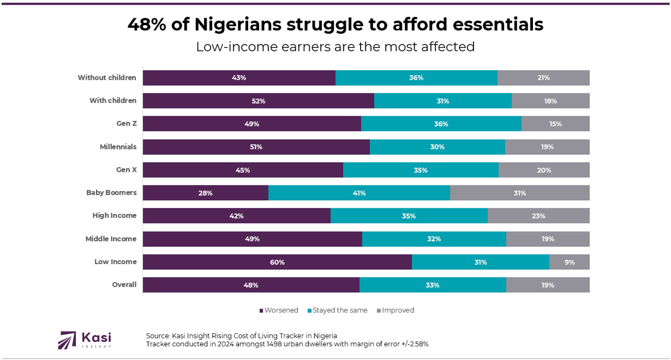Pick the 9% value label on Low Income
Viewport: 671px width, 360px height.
pyautogui.click(x=569, y=262)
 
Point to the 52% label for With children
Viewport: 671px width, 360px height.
pyautogui.click(x=258, y=101)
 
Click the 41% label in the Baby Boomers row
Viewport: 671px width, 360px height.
pyautogui.click(x=359, y=193)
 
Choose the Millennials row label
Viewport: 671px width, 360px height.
pyautogui.click(x=118, y=147)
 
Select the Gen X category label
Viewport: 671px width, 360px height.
pyautogui.click(x=126, y=170)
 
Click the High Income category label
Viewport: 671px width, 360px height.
pyautogui.click(x=114, y=216)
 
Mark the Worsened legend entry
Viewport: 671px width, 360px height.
pyautogui.click(x=280, y=310)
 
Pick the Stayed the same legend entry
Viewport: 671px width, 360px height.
pyautogui.click(x=339, y=310)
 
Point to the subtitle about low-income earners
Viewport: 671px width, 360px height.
pyautogui.click(x=335, y=47)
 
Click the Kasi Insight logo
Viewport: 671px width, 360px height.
pyautogui.click(x=84, y=339)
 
